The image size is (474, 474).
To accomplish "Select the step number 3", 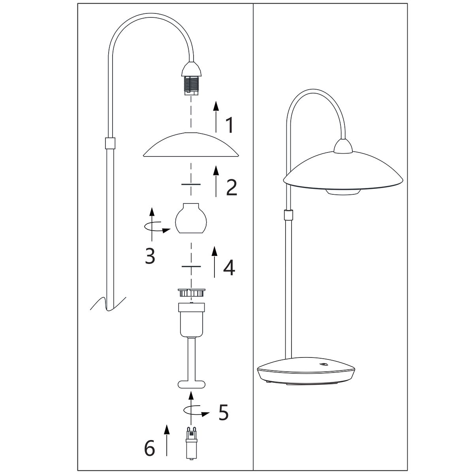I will (150, 256).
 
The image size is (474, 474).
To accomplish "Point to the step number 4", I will (229, 267).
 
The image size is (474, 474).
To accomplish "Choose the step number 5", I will (223, 413).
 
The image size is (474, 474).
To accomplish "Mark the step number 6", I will (150, 448).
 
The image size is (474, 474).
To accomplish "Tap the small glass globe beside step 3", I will (192, 218).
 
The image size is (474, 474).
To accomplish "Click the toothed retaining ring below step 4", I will (191, 293).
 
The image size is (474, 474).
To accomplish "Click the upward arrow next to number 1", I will (216, 116).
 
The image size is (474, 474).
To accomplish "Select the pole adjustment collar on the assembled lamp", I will (289, 215).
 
